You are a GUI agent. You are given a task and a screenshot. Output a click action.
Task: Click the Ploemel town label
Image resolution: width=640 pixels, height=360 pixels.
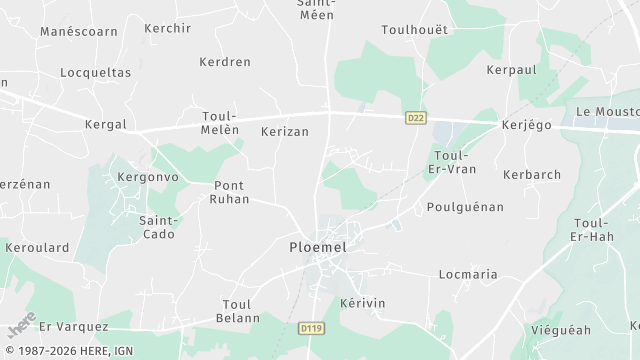click(x=319, y=246)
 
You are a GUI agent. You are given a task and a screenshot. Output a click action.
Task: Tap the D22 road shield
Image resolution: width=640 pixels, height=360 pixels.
click(x=415, y=118)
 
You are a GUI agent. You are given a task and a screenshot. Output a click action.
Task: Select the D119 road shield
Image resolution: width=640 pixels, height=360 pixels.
click(x=312, y=326)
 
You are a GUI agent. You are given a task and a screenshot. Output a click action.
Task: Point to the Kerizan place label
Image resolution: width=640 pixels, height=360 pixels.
click(x=284, y=131)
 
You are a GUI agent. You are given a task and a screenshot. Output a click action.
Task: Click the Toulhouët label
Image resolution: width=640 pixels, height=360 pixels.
click(x=414, y=30)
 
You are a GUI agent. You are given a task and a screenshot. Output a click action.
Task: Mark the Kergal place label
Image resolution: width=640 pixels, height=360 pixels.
click(x=107, y=124)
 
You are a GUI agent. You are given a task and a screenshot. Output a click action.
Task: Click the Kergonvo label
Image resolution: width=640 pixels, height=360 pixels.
click(x=147, y=176)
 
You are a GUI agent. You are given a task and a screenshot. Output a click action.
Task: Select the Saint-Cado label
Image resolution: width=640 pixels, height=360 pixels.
click(x=158, y=227)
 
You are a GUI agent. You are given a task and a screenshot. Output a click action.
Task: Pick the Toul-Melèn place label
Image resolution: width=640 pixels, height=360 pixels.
click(x=226, y=124)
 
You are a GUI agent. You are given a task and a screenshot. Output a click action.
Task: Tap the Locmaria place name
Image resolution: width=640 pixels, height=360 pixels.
click(x=468, y=273)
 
